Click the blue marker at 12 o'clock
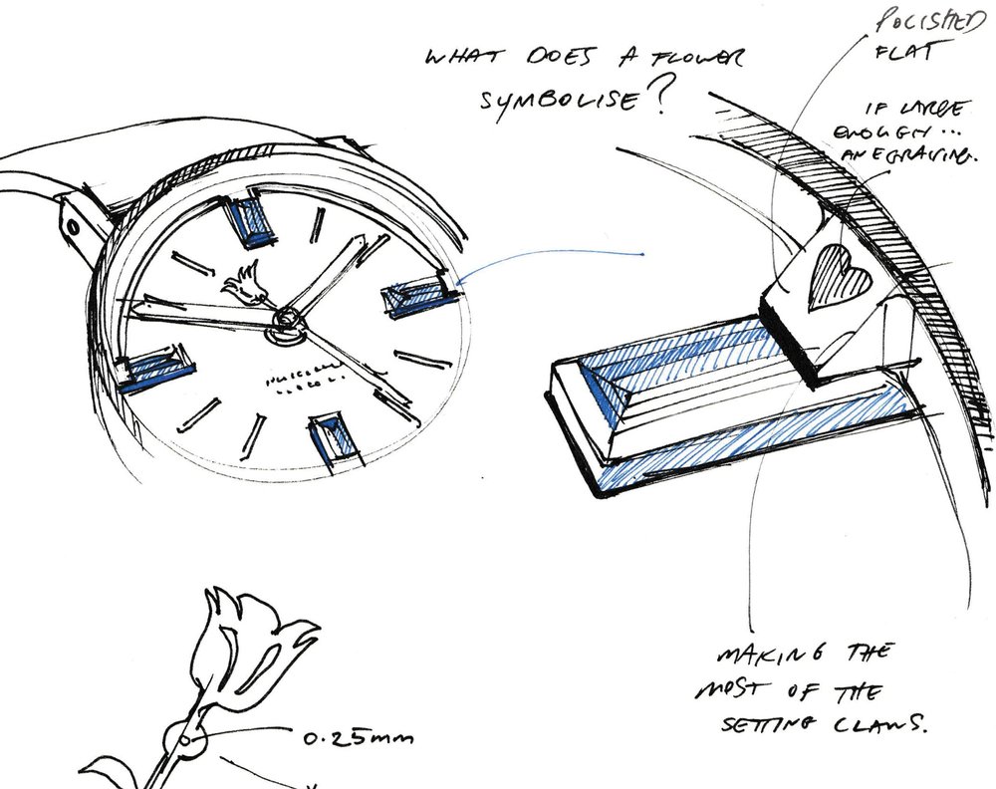pos(249,220)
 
